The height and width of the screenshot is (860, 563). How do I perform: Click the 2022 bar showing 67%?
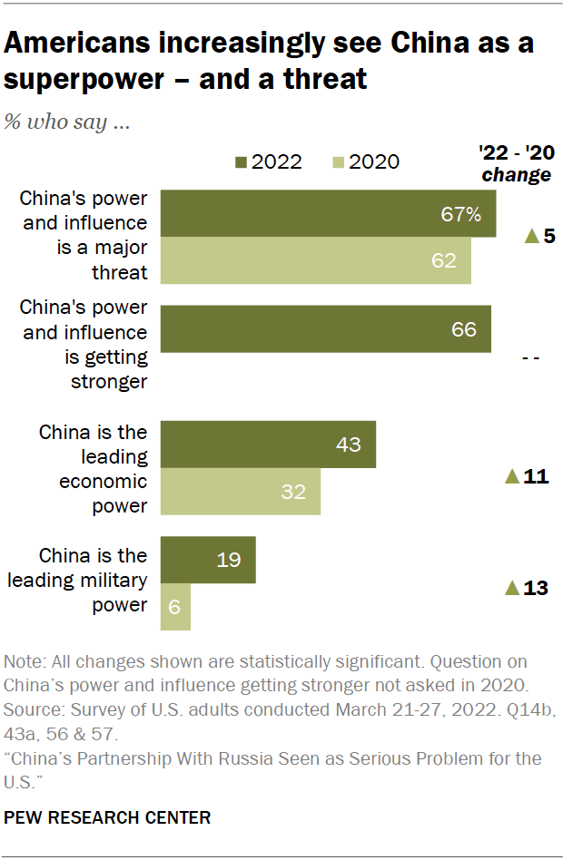click(328, 213)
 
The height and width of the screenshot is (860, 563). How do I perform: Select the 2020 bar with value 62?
click(315, 260)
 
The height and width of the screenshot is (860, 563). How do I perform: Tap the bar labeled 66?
click(325, 328)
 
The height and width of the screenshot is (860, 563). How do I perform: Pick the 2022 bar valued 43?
click(268, 444)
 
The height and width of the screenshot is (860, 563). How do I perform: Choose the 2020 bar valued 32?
click(241, 491)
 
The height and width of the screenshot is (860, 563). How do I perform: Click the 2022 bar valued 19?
click(208, 560)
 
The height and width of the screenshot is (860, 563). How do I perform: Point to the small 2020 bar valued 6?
click(175, 607)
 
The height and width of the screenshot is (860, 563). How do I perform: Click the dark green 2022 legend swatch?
click(241, 163)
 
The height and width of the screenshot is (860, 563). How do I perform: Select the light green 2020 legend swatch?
click(338, 163)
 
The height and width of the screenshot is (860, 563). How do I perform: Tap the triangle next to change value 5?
click(531, 237)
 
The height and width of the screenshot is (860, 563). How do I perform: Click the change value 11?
click(536, 476)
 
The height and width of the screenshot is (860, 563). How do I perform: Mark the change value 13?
click(536, 588)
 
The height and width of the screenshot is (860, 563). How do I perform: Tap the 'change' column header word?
click(516, 175)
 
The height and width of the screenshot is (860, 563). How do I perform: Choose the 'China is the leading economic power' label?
click(93, 468)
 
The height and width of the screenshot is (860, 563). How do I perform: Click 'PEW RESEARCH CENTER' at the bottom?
click(107, 817)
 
